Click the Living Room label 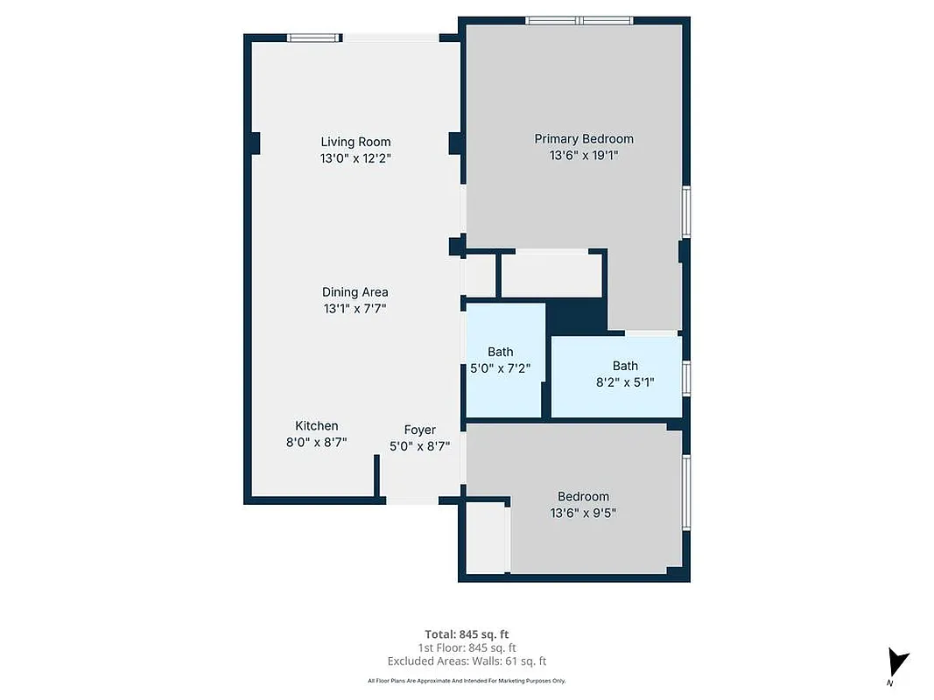pyautogui.click(x=355, y=142)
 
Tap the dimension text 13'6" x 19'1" pyautogui.click(x=584, y=155)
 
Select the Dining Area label pyautogui.click(x=355, y=292)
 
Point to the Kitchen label pyautogui.click(x=316, y=426)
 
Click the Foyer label pyautogui.click(x=419, y=430)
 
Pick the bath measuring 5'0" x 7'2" pyautogui.click(x=501, y=360)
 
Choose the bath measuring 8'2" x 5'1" pyautogui.click(x=625, y=374)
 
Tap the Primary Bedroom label pyautogui.click(x=584, y=138)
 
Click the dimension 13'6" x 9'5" pyautogui.click(x=583, y=514)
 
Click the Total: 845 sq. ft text pyautogui.click(x=467, y=633)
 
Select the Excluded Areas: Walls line pyautogui.click(x=467, y=661)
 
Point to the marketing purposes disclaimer pyautogui.click(x=467, y=681)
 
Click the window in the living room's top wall pyautogui.click(x=314, y=38)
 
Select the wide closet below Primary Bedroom pyautogui.click(x=551, y=276)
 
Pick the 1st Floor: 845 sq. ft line pyautogui.click(x=467, y=647)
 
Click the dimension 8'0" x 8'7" pyautogui.click(x=316, y=443)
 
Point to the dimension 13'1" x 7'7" pyautogui.click(x=355, y=309)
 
